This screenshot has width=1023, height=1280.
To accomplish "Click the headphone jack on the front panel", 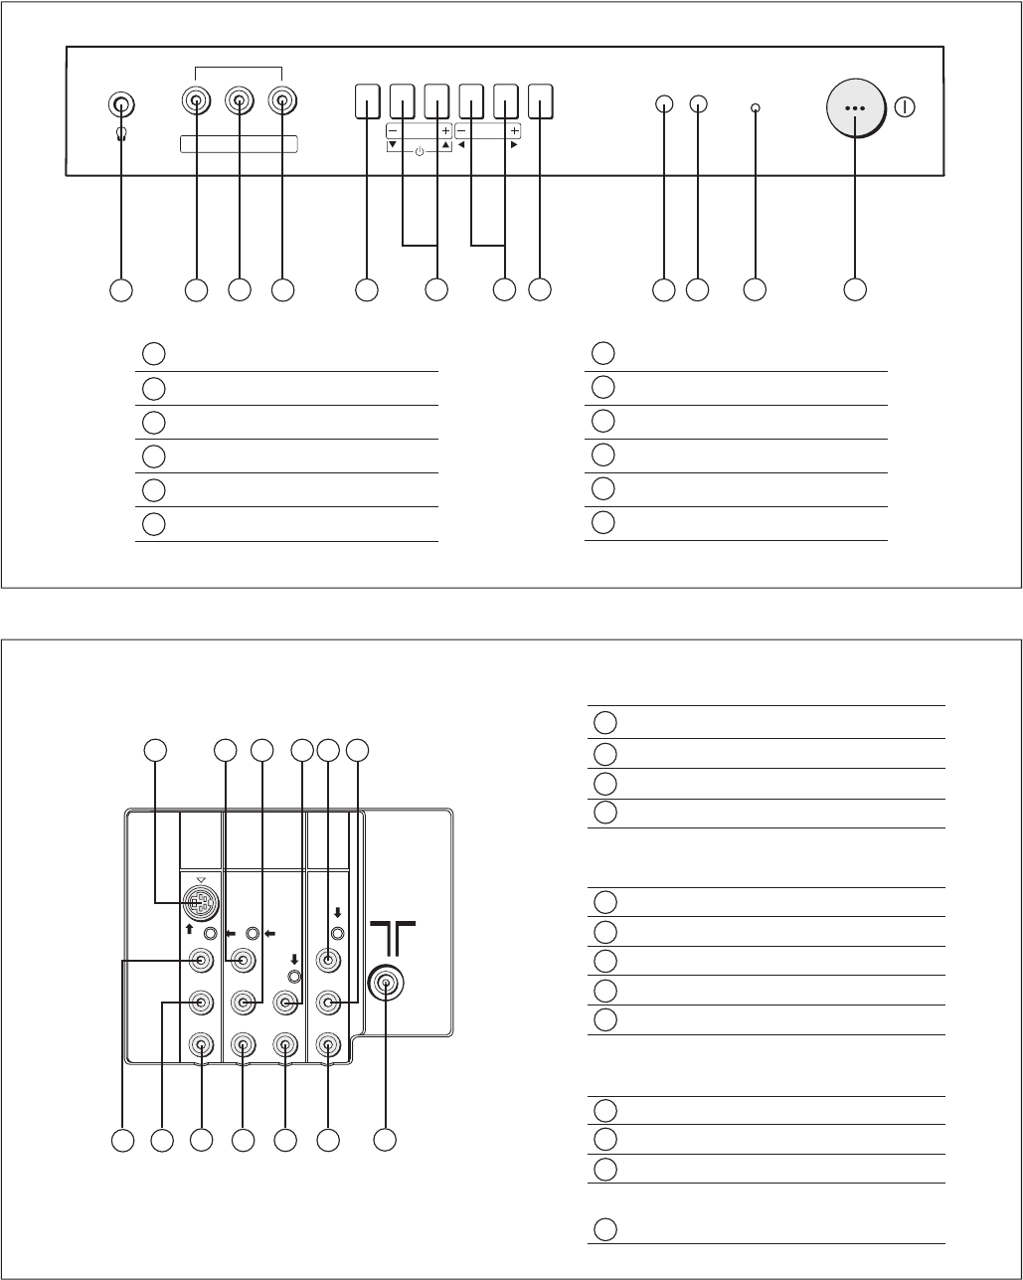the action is pos(120,104).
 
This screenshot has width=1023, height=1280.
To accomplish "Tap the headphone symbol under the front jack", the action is pos(120,134).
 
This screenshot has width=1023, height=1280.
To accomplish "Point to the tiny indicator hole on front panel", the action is pos(756,107).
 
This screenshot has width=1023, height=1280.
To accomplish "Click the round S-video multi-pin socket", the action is pos(201,903).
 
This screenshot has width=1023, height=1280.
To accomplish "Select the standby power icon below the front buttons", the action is pos(419,151).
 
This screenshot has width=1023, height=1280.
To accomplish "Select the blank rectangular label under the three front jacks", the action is pos(239,145).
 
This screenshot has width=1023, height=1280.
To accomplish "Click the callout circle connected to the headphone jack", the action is pos(120,289).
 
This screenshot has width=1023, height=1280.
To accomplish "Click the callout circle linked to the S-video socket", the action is pos(154,751).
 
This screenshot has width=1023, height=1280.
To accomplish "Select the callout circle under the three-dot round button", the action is pos(853,289).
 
